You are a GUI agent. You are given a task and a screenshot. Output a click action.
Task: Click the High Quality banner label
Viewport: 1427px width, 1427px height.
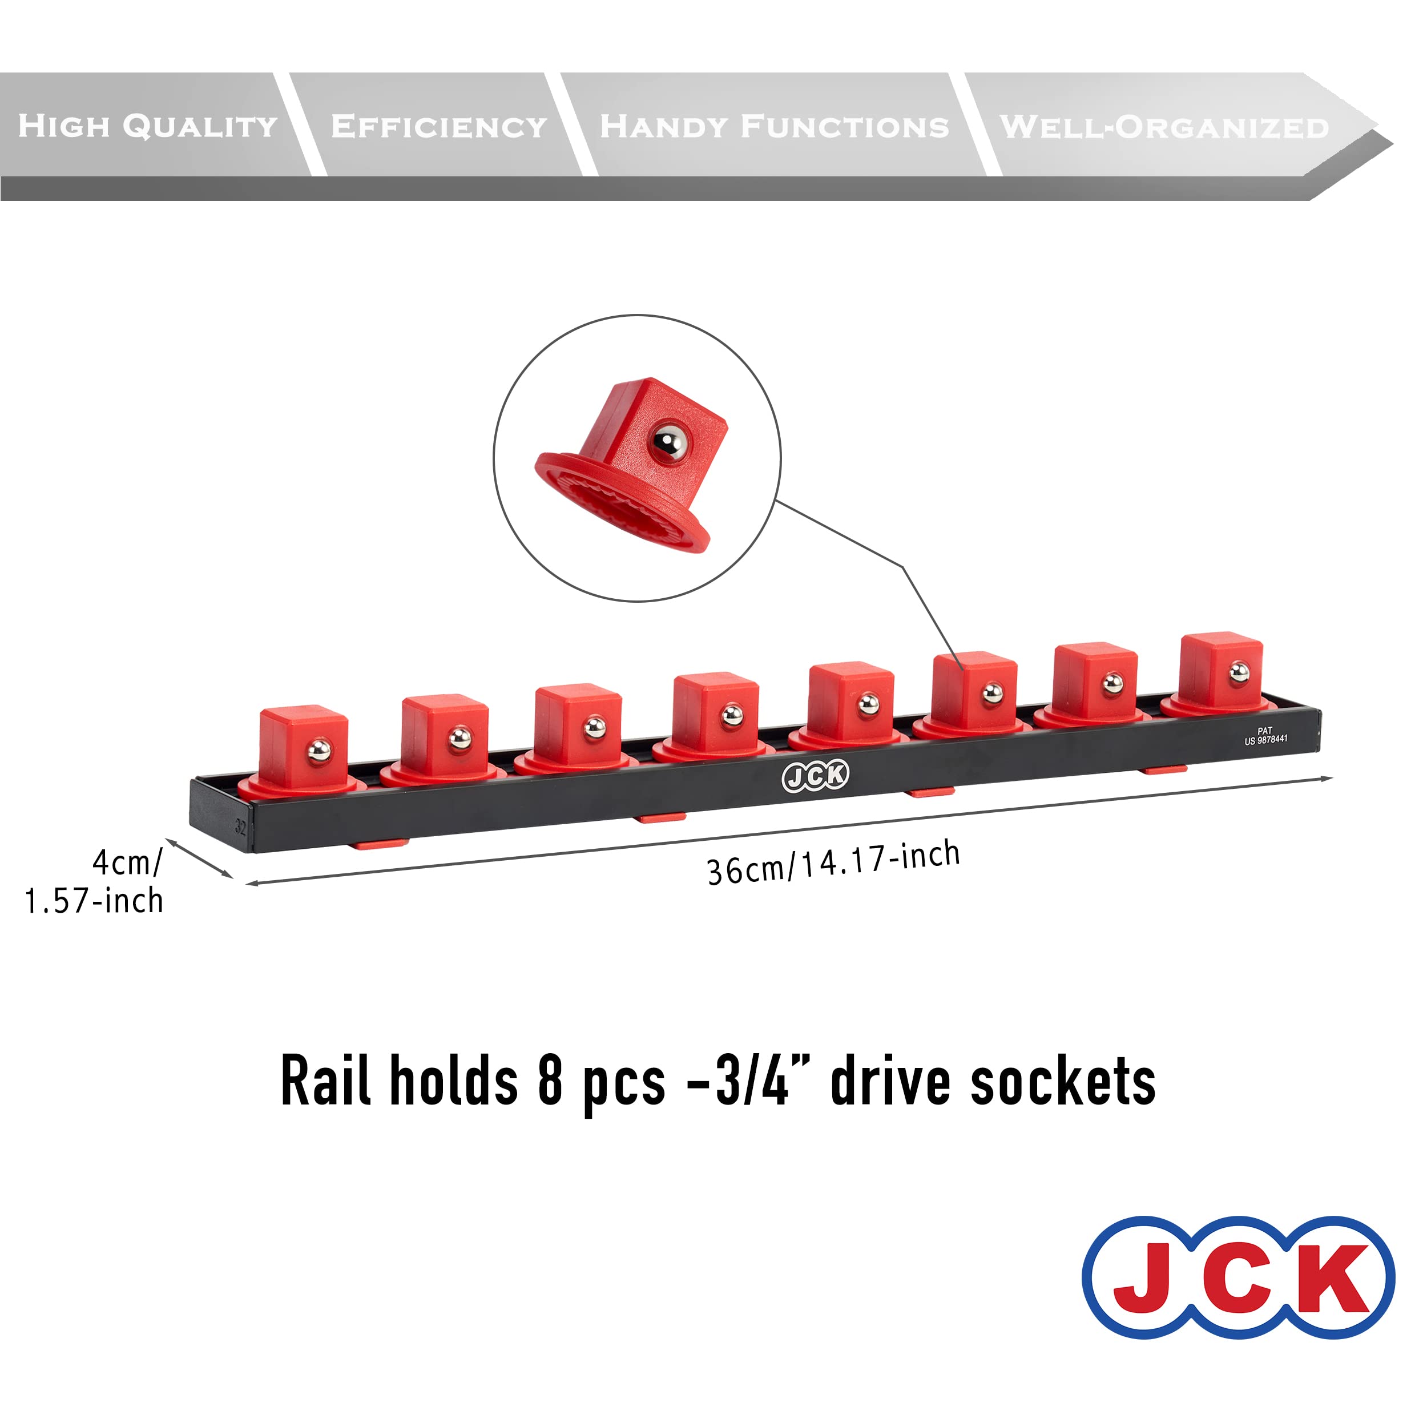pos(148,126)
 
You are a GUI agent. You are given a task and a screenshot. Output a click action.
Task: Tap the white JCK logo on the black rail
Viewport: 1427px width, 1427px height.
pos(816,776)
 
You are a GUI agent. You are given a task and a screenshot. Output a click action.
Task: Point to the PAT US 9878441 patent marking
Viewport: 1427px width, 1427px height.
pos(1265,736)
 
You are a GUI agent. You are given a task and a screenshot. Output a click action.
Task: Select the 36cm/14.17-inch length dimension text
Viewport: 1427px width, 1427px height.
pos(833,862)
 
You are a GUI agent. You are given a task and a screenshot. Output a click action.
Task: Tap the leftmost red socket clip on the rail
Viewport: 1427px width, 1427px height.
pos(303,749)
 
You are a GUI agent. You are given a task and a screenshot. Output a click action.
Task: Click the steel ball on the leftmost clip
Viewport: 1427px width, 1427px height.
pos(319,751)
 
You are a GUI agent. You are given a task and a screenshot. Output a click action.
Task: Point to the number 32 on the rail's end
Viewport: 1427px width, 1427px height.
pos(241,826)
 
